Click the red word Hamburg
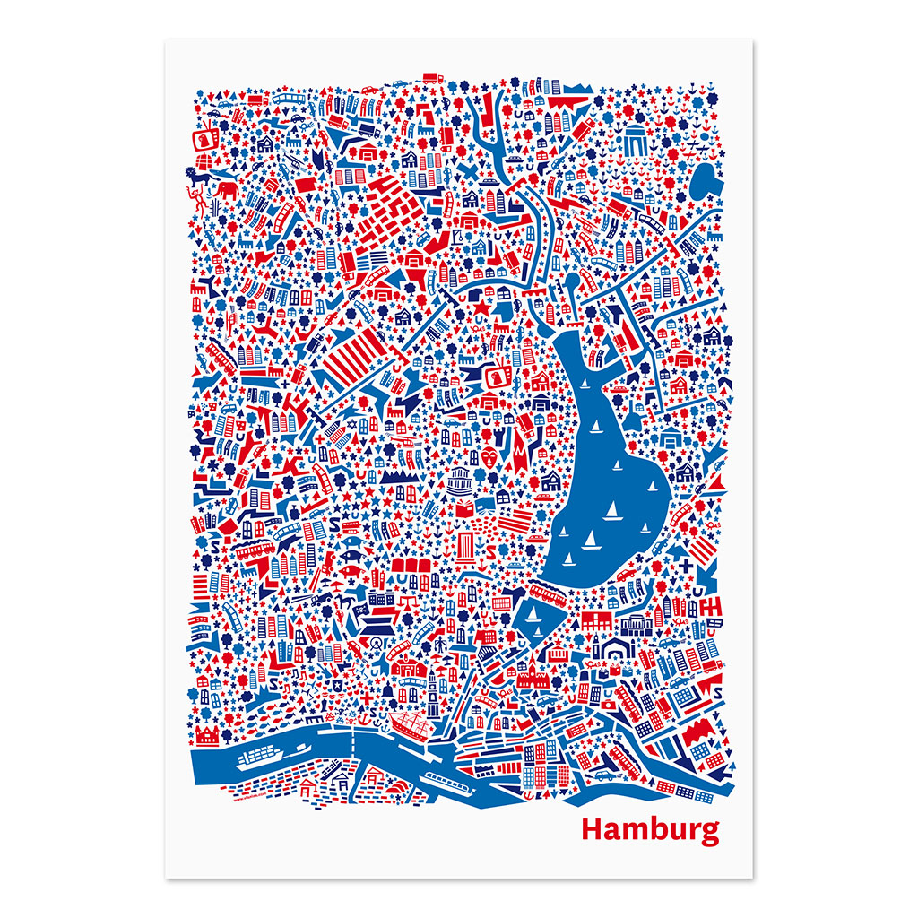click(x=650, y=830)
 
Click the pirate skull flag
click(x=359, y=613)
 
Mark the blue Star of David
click(x=327, y=422)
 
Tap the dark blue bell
click(x=370, y=695)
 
